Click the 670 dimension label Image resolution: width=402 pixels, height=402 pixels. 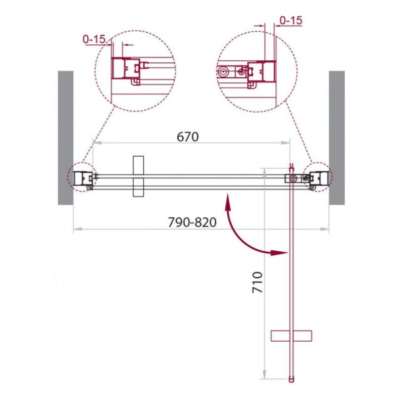click(x=187, y=137)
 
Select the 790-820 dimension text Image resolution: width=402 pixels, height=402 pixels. click(x=192, y=222)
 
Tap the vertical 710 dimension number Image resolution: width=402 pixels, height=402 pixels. click(x=258, y=282)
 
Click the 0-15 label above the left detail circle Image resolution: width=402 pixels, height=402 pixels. click(x=94, y=39)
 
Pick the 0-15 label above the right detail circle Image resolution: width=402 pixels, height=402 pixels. click(x=291, y=21)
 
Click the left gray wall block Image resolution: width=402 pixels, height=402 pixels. click(x=66, y=138)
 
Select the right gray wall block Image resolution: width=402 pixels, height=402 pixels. click(x=337, y=138)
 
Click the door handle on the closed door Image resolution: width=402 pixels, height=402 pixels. click(x=138, y=176)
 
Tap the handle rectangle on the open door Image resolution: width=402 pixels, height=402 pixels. click(x=291, y=336)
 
